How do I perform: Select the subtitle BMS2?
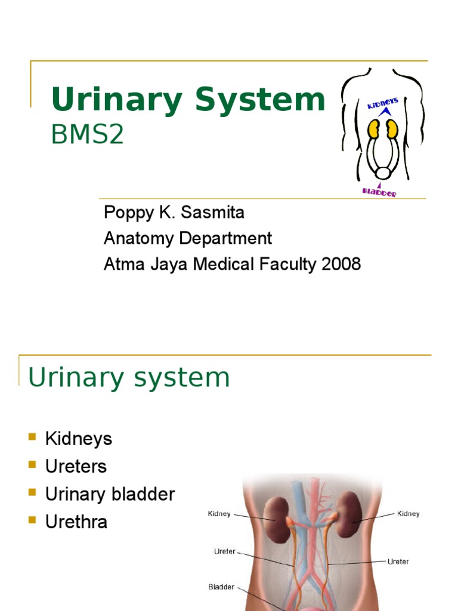(x=88, y=135)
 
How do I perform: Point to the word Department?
(x=230, y=238)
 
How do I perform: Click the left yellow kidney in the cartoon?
(x=373, y=129)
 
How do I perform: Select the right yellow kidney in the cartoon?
(x=391, y=129)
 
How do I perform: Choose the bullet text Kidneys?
(x=79, y=439)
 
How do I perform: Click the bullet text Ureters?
(x=76, y=467)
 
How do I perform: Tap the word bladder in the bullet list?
(x=147, y=494)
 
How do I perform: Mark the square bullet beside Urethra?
(x=32, y=520)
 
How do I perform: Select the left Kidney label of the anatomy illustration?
(x=219, y=513)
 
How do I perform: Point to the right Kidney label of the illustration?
(x=409, y=513)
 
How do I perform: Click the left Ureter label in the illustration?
(x=225, y=551)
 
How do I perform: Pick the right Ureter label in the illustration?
(x=398, y=561)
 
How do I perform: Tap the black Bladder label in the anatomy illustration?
(x=221, y=587)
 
